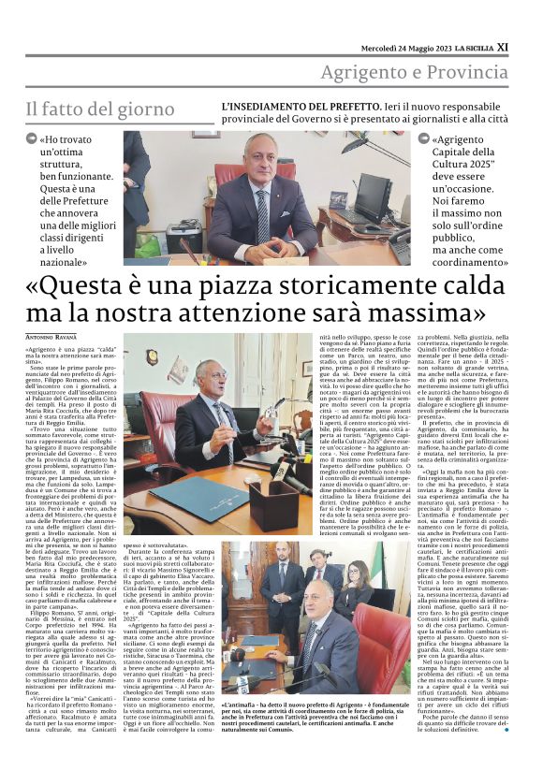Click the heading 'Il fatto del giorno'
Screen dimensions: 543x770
coord(100,109)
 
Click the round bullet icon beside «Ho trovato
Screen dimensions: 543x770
coord(32,138)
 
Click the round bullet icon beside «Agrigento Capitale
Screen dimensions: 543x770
coord(425,138)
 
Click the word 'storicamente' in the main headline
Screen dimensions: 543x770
coord(297,283)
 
